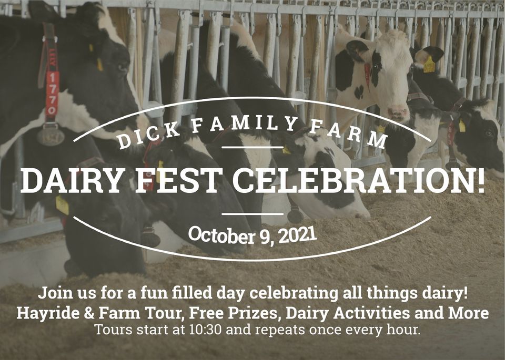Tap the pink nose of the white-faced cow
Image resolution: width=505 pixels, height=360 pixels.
click(x=398, y=113)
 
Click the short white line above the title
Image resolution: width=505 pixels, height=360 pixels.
click(x=252, y=147)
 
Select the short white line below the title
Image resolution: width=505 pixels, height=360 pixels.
click(x=252, y=213)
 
